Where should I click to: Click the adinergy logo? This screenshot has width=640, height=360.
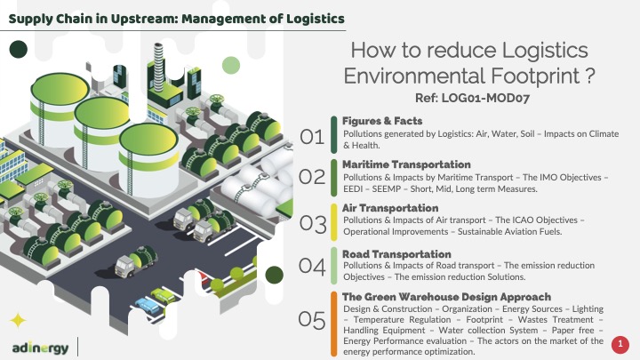point(40,348)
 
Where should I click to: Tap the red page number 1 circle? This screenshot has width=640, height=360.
point(620,344)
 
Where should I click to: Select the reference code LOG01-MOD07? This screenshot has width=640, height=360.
point(485,98)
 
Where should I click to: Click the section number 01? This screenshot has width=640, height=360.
point(312,137)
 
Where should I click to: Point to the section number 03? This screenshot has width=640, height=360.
point(313,224)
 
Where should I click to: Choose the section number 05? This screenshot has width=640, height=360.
point(312,320)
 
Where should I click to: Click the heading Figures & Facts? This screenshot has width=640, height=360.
point(382,121)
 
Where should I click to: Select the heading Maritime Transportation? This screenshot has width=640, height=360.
point(406,164)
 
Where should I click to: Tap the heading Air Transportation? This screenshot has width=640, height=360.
point(390,208)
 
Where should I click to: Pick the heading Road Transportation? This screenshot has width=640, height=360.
point(396,254)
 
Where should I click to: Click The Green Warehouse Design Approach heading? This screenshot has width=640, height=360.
point(446,297)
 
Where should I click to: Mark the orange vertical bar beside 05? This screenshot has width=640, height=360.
point(334,324)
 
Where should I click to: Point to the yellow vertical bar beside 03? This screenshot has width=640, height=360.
point(334,222)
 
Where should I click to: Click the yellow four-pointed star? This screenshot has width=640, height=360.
point(18,321)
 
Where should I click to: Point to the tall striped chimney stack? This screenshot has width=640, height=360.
point(158,68)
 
